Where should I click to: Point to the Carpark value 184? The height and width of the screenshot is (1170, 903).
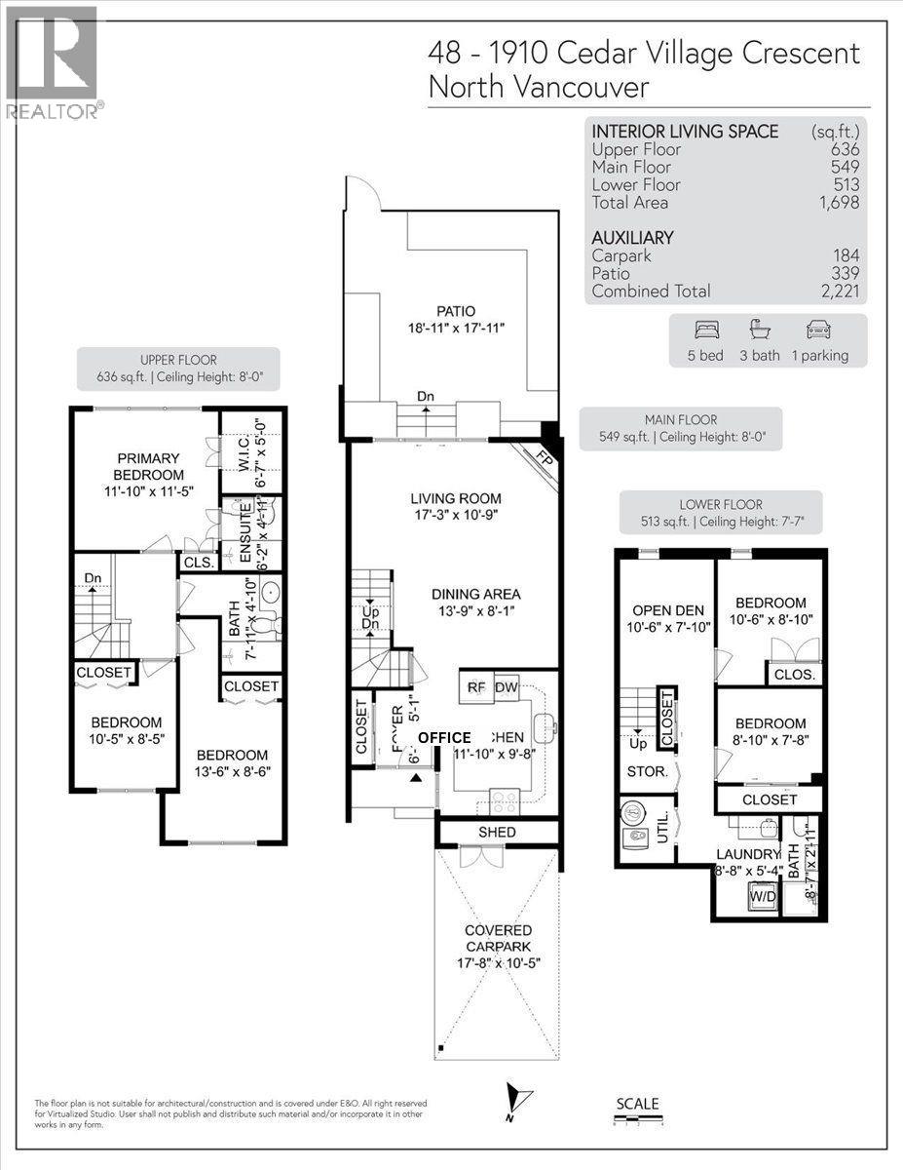pos(847,255)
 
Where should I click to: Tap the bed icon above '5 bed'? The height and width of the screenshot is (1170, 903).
pos(711,330)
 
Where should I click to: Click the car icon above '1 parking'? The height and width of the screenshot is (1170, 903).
pos(818,330)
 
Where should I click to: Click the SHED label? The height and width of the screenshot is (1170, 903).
pos(497,833)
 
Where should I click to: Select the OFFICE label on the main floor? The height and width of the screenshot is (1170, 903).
pos(444,738)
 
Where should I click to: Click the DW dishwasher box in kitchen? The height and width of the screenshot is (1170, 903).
pos(507,687)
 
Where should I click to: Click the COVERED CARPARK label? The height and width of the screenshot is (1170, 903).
pos(497,938)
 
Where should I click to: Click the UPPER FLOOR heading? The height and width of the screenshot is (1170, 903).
pos(177,360)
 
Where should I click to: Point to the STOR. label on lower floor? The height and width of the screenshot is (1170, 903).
pos(647,771)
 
